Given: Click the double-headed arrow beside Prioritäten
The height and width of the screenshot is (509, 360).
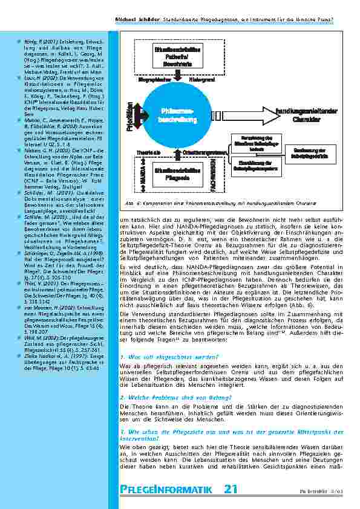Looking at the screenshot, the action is click(x=139, y=115).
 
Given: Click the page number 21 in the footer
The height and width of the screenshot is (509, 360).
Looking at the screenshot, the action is click(x=230, y=489).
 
